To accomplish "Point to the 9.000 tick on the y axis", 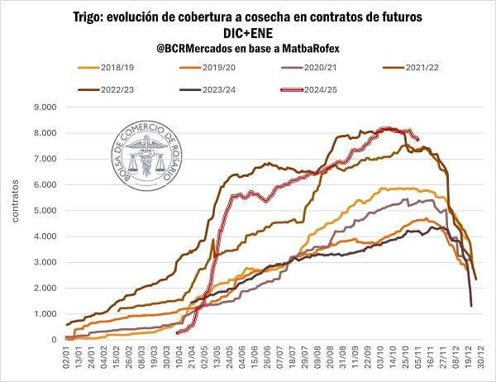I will [41, 107].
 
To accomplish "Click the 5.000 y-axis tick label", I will [41, 210].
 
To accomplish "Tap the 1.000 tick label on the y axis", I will [41, 314].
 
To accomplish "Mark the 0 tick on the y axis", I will [51, 340].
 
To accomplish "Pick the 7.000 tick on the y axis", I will [41, 159].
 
